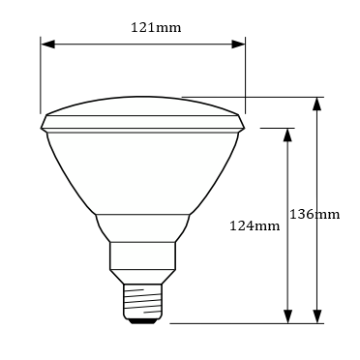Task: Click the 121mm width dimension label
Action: (x=156, y=28)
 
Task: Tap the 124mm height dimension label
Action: (x=255, y=225)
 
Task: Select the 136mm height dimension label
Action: (x=315, y=215)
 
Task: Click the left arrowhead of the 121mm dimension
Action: (x=47, y=45)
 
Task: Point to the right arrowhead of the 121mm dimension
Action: (x=238, y=45)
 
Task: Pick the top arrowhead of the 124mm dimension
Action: (x=287, y=135)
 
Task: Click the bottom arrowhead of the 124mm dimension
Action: (x=287, y=316)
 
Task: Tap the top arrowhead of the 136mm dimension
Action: (x=317, y=104)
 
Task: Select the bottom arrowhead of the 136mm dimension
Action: (x=317, y=316)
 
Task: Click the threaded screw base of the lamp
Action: (x=142, y=301)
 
